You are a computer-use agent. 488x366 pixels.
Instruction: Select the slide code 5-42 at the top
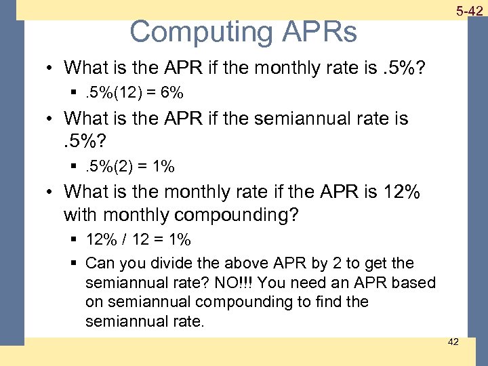coord(469,10)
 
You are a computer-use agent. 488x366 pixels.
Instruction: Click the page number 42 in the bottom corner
coord(453,342)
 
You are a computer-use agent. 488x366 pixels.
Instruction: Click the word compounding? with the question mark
coord(236,216)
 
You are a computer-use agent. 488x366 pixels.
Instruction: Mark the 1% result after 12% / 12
coord(180,241)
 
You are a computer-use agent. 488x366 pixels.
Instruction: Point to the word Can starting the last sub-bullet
coord(99,263)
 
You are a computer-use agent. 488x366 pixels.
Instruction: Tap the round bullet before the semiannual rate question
coord(52,119)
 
